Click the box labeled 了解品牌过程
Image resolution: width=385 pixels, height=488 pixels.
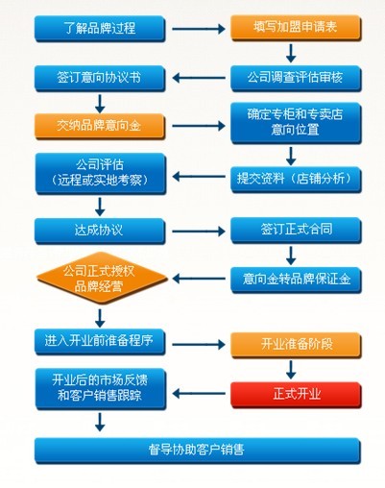(100, 28)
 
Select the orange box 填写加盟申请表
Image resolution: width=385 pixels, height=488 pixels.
(296, 28)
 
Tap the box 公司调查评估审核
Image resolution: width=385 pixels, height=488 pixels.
(296, 78)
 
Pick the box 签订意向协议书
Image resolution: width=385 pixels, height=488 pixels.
(100, 78)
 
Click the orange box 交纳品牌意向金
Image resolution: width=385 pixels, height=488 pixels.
(100, 126)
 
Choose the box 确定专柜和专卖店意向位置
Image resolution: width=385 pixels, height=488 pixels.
(296, 123)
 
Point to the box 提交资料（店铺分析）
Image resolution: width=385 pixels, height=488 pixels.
(296, 180)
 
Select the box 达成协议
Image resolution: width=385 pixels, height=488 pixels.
(100, 231)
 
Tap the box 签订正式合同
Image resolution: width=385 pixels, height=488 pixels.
(296, 230)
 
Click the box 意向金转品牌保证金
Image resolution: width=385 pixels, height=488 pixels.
(296, 280)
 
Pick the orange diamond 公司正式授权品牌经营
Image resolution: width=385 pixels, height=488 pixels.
(102, 279)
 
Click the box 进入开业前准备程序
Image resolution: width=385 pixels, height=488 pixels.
(100, 341)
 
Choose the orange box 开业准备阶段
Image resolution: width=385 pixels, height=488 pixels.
(296, 345)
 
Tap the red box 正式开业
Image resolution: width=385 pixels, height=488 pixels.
(296, 395)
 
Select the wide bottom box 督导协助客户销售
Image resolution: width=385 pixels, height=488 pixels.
(198, 451)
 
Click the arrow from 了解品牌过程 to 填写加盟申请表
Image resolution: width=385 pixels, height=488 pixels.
(199, 29)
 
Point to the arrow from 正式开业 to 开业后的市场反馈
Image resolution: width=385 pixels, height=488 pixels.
(199, 393)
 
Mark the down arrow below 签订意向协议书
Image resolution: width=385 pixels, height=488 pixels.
(100, 104)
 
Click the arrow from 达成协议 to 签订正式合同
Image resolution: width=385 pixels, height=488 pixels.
(199, 231)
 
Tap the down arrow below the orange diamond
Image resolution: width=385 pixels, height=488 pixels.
(100, 318)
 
